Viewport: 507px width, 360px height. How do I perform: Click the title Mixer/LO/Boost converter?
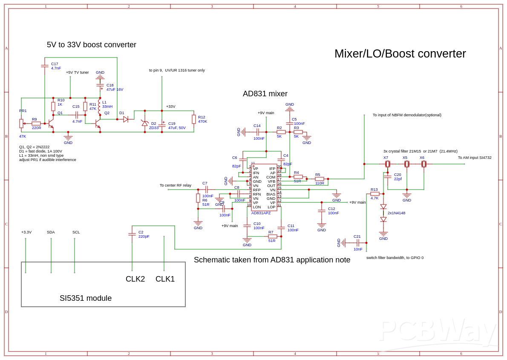coord(400,54)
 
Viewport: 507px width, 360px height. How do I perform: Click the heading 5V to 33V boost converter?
coord(92,45)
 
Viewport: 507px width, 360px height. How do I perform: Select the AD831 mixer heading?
coord(265,94)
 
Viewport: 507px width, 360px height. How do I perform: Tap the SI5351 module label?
coord(86,298)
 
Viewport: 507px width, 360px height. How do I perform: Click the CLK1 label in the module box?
coord(165,279)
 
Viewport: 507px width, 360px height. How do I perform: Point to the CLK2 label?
coord(135,279)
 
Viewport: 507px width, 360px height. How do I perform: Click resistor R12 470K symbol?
coord(194,119)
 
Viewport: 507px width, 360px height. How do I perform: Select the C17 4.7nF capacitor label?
coord(56,66)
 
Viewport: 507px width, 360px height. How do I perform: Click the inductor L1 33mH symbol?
coord(100,107)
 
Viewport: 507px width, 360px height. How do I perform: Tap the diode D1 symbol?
coord(126,119)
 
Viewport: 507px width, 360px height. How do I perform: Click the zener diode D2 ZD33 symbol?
coord(145,123)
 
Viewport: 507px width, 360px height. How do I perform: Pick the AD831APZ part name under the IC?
coord(261,213)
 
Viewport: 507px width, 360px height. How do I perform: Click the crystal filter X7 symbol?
coord(388,164)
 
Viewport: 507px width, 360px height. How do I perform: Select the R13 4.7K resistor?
coord(375,194)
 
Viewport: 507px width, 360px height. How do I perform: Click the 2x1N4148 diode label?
coord(396,213)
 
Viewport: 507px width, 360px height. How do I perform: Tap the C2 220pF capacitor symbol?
coord(132,234)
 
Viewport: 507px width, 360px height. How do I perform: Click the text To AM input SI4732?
coord(475,158)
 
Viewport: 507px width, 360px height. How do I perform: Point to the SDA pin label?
coord(51,232)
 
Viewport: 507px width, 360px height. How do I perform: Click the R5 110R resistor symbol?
coord(320,179)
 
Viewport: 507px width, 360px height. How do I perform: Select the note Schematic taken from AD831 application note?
coord(272,260)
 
